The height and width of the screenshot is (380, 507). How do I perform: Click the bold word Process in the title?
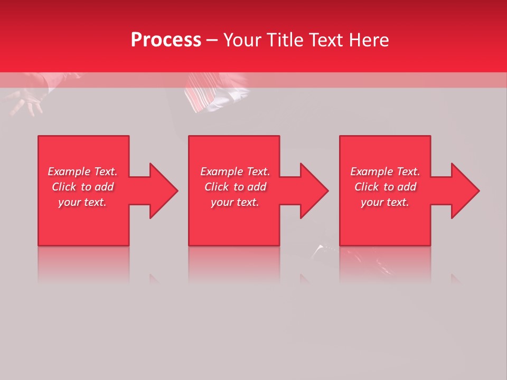(166, 40)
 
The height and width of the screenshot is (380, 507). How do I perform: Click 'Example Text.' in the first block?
(82, 172)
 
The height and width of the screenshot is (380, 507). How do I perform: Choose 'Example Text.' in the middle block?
(234, 172)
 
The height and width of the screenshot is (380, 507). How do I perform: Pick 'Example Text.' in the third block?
(385, 172)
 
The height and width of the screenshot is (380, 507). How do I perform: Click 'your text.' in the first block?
(82, 202)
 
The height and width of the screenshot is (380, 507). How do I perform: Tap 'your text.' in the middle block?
(234, 202)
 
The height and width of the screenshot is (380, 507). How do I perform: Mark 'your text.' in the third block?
(385, 202)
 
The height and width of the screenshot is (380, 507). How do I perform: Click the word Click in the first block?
(64, 187)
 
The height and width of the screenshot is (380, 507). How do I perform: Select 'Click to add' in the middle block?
(234, 187)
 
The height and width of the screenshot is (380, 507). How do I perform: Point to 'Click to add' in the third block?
(385, 187)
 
